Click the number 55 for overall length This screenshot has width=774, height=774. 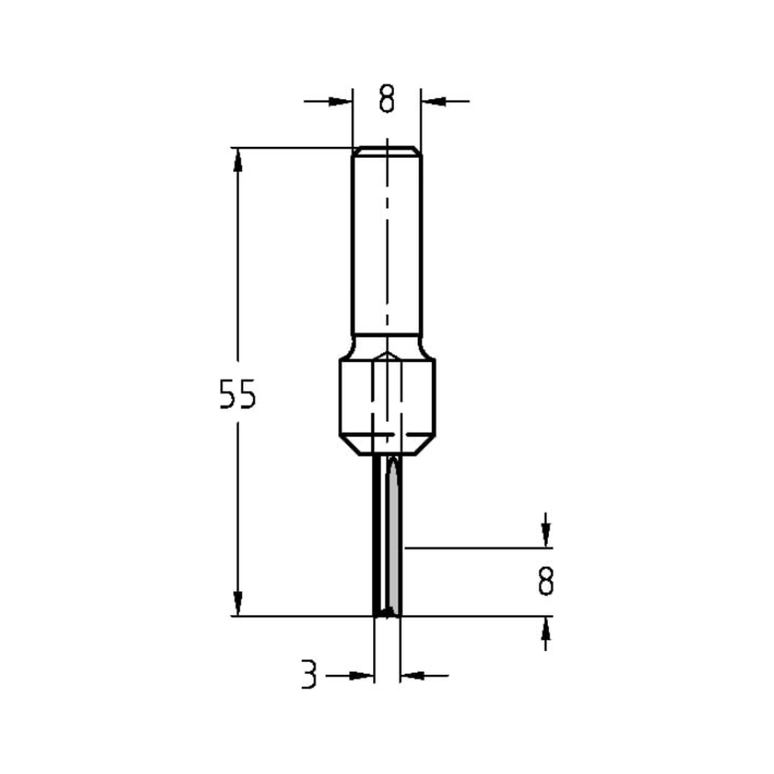click(236, 395)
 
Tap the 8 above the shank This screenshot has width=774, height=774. click(387, 100)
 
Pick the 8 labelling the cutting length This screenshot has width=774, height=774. click(546, 580)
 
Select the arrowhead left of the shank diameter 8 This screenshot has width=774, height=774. click(341, 101)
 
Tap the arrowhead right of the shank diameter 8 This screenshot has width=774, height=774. click(432, 101)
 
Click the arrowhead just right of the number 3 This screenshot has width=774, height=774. click(362, 676)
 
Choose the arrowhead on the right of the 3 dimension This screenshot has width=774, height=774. click(412, 676)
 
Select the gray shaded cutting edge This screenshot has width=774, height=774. click(396, 542)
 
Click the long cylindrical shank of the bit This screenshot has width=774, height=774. click(387, 248)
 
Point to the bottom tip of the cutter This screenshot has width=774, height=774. click(387, 613)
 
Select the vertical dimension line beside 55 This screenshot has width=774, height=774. click(238, 310)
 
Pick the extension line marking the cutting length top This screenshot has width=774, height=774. click(472, 547)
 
